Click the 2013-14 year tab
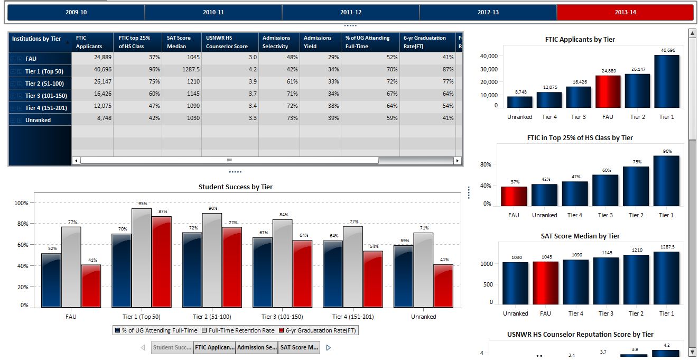click(625, 12)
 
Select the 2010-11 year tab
click(213, 12)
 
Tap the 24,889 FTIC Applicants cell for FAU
click(92, 58)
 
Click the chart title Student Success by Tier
click(236, 187)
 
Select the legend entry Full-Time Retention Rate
click(241, 330)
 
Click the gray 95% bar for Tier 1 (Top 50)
click(142, 258)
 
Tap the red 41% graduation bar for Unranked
click(443, 286)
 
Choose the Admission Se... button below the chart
click(257, 347)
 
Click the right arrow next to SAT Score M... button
click(328, 347)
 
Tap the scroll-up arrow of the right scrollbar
click(692, 34)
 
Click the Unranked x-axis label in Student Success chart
click(424, 317)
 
